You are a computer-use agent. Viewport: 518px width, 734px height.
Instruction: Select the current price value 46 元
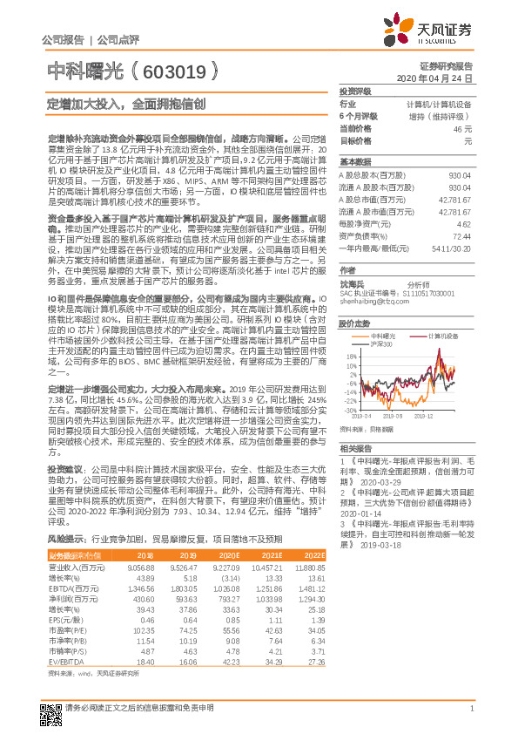(x=461, y=128)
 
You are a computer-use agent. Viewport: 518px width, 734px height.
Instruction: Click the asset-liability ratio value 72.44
(x=461, y=235)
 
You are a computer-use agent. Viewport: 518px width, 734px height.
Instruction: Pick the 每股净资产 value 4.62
(x=463, y=224)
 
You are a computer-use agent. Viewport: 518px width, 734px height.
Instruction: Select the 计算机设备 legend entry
(x=444, y=336)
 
